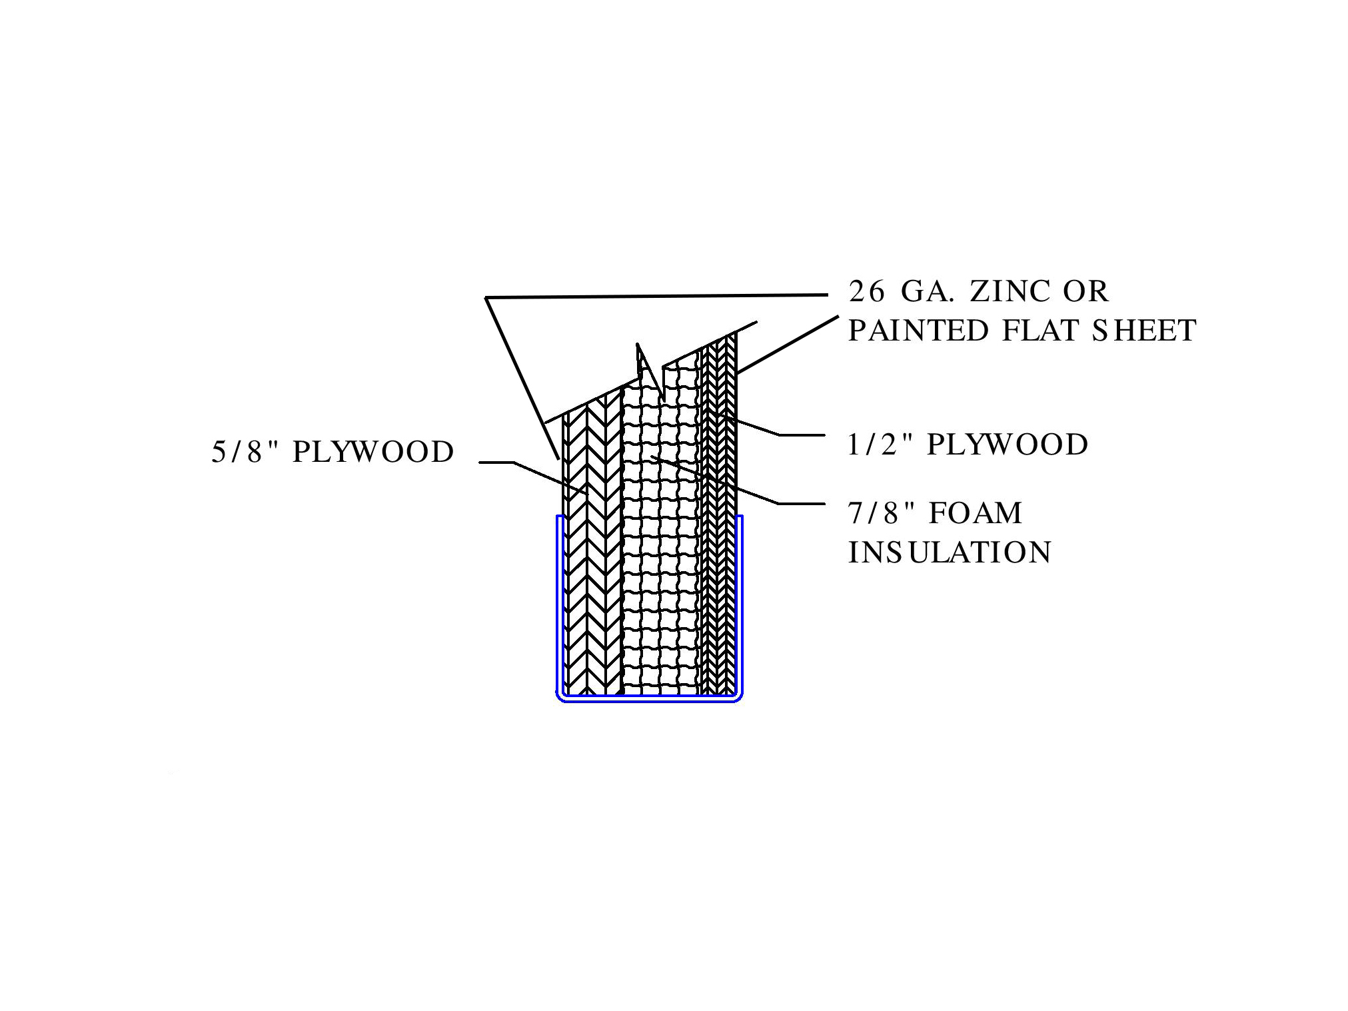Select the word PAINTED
918,331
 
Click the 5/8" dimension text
245,453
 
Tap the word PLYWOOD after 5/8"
373,453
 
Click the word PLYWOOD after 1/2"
1008,445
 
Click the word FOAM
976,513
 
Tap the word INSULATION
950,553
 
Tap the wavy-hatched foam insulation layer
660,566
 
